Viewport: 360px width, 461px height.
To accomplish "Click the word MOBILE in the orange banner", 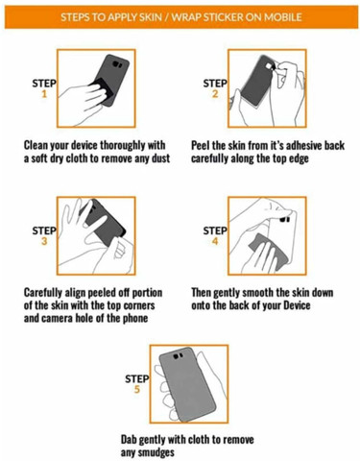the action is [x=282, y=17].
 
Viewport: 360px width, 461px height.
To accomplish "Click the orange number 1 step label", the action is [x=44, y=93].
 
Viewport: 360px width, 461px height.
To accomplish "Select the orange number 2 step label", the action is [x=215, y=93].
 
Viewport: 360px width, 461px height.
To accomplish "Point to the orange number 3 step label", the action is [x=44, y=241].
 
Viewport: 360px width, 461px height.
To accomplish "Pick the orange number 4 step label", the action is [x=215, y=241].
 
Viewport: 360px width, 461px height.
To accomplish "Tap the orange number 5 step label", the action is [x=137, y=389].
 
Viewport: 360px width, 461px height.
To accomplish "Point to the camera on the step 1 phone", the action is [x=118, y=65].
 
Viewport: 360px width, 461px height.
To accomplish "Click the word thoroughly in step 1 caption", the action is [x=123, y=146].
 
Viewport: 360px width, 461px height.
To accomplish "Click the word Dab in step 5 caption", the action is [x=129, y=440].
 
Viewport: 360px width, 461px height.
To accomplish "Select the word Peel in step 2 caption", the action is [x=200, y=146].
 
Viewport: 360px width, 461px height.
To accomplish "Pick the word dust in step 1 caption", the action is [x=159, y=158].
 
